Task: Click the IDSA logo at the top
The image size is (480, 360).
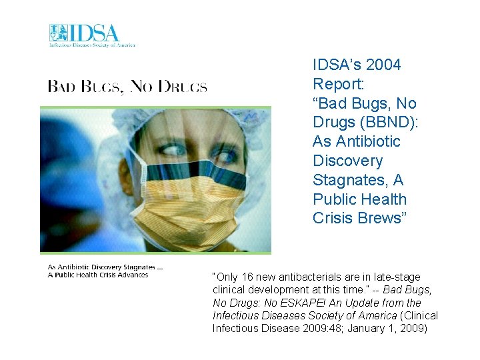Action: click(x=91, y=35)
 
